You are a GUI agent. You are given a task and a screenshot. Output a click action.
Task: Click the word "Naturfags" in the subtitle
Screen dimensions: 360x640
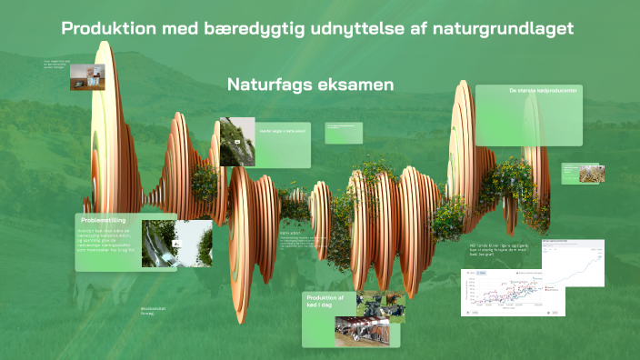(265, 85)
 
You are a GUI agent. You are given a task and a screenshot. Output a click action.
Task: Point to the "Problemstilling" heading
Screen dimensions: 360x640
(103, 220)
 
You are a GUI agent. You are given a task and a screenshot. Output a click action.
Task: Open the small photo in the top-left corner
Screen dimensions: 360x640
(87, 77)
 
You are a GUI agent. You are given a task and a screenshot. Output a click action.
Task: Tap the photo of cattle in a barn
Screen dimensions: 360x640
(362, 332)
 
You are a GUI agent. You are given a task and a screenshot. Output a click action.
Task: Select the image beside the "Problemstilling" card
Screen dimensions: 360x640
(189, 243)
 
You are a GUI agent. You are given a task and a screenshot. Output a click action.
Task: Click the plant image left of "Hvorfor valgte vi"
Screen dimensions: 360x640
(236, 141)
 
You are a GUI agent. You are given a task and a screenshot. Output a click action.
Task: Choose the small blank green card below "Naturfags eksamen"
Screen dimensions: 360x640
(344, 133)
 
